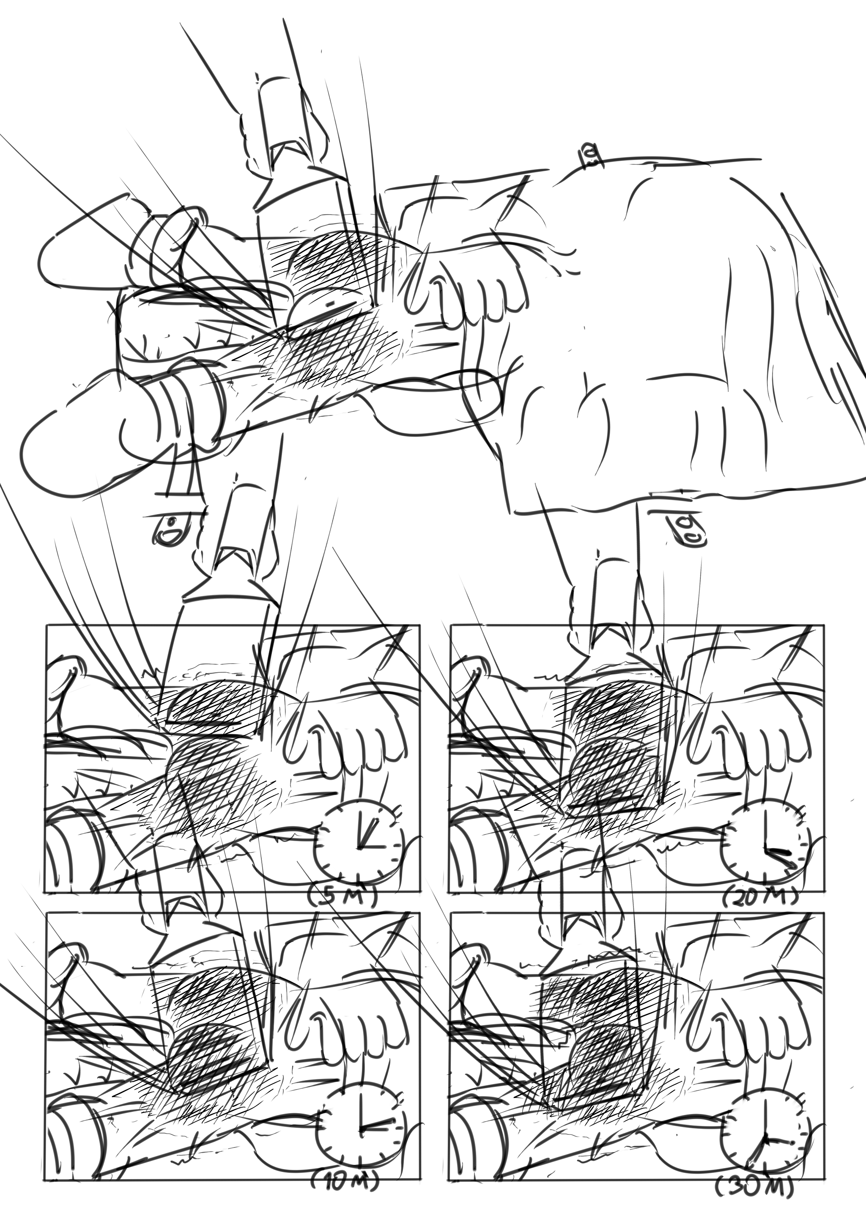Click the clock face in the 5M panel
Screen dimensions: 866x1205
click(359, 849)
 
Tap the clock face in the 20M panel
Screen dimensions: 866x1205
click(766, 849)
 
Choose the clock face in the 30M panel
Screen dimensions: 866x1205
click(767, 1122)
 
